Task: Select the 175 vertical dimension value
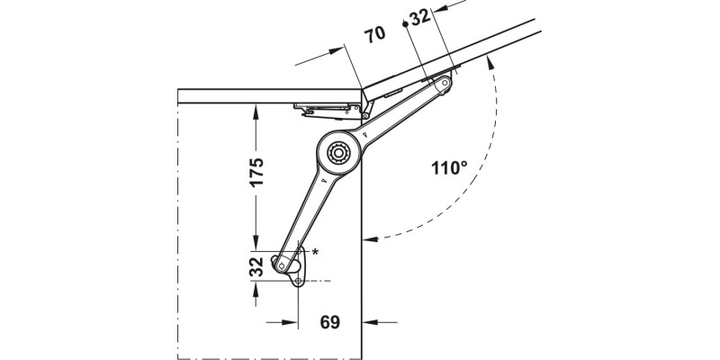click(x=256, y=172)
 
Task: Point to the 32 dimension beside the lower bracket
click(x=256, y=266)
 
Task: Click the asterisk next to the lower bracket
click(x=315, y=253)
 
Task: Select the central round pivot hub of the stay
click(x=339, y=152)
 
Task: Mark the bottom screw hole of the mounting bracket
click(x=298, y=282)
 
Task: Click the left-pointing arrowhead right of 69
click(x=370, y=320)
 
